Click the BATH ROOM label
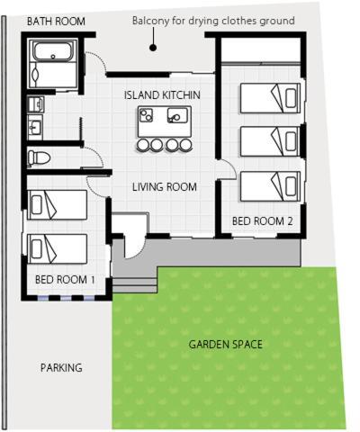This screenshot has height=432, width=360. (x=56, y=22)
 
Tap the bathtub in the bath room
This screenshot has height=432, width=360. (x=53, y=51)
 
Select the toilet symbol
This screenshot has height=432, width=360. (x=39, y=157)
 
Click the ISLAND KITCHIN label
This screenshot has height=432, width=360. (x=162, y=94)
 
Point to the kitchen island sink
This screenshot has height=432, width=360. (x=177, y=115)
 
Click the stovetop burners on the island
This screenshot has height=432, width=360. (x=146, y=115)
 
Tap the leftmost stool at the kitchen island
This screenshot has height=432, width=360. (x=143, y=145)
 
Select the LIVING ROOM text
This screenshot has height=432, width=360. (x=165, y=187)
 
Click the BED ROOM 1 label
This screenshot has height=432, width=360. (x=65, y=280)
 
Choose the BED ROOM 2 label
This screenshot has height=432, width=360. (x=263, y=221)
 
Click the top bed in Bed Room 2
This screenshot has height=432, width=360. (x=270, y=98)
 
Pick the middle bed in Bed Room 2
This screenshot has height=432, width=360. (x=270, y=141)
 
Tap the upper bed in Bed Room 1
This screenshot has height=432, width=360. (x=58, y=204)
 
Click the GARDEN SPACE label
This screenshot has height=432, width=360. (x=226, y=344)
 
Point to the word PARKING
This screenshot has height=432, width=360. (x=61, y=367)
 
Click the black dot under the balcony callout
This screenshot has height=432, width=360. (x=153, y=48)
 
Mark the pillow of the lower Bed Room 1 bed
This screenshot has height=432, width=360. (x=36, y=249)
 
